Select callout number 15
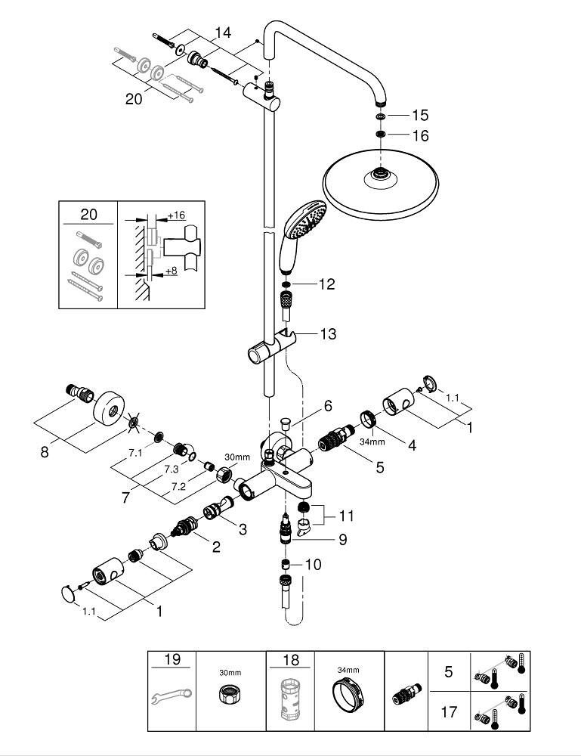pyautogui.click(x=420, y=116)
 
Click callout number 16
pyautogui.click(x=420, y=136)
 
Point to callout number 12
pyautogui.click(x=326, y=284)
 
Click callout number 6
pyautogui.click(x=328, y=406)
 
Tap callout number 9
pyautogui.click(x=341, y=541)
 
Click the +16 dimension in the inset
pyautogui.click(x=176, y=215)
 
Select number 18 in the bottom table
pyautogui.click(x=289, y=660)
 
